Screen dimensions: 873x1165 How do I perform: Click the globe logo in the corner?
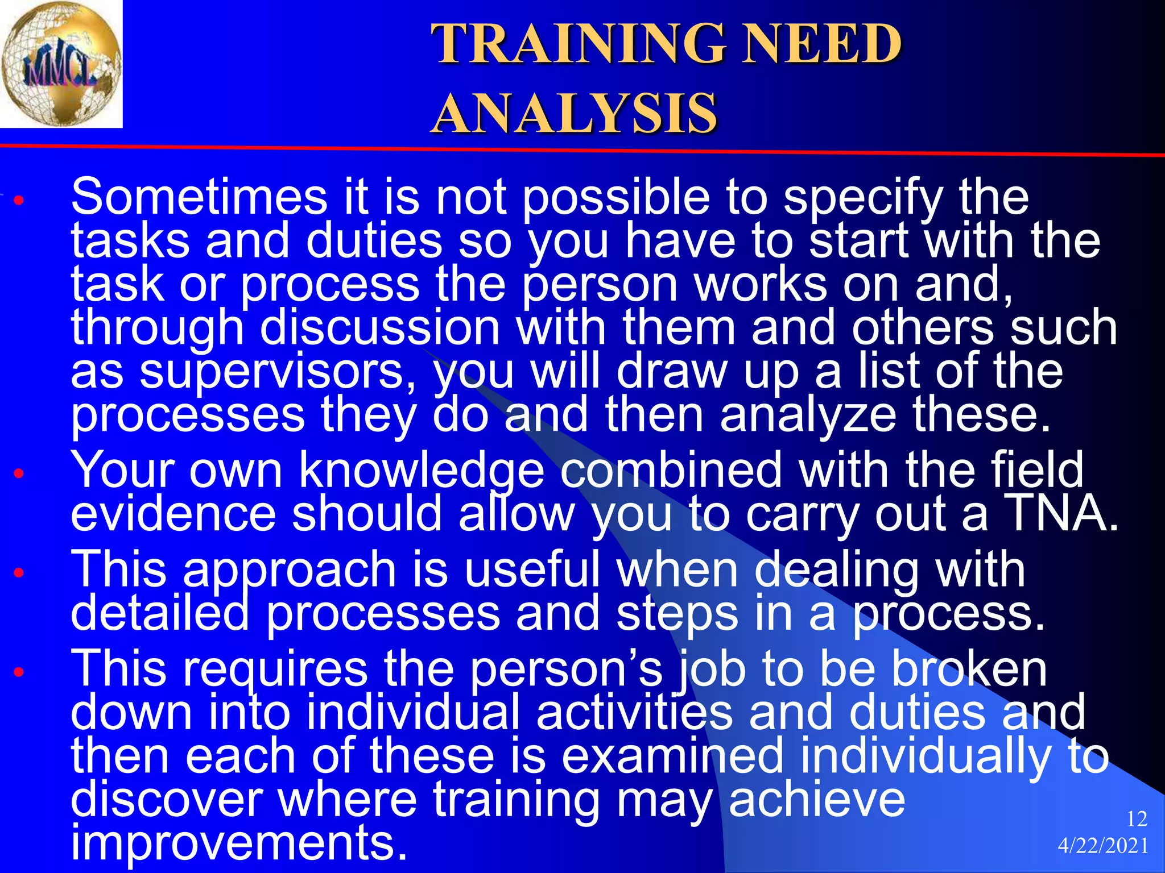click(61, 64)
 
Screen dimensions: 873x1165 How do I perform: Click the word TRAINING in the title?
click(578, 44)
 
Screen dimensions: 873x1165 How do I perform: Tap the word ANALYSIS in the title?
click(574, 114)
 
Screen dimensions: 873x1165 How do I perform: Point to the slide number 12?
click(1136, 819)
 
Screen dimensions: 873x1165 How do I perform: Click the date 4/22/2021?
click(1102, 846)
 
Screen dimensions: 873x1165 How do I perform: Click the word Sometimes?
click(199, 197)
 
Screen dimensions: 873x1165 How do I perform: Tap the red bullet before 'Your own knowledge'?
click(19, 473)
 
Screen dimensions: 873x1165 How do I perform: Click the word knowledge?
click(422, 471)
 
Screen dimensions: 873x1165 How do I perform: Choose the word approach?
click(289, 570)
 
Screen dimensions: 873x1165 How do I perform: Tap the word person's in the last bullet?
click(567, 669)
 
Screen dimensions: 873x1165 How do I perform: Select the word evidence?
click(173, 513)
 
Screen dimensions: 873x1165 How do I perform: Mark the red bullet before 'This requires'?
click(19, 672)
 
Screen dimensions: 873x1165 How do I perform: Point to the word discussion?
click(380, 328)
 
